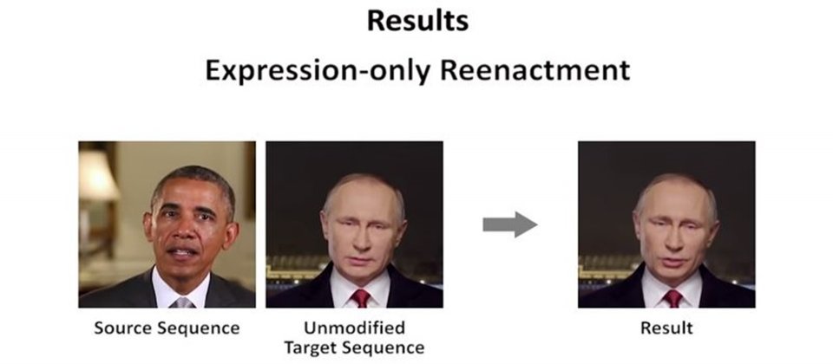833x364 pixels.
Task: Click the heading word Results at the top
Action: (417, 21)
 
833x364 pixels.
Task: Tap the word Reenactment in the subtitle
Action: (535, 70)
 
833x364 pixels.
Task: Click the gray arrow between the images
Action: (510, 224)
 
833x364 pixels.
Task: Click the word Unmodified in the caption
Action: (354, 328)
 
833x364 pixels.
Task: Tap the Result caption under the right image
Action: (666, 328)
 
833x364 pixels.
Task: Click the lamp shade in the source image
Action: (96, 176)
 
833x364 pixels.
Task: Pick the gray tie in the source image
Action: (182, 302)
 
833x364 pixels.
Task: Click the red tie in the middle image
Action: (361, 298)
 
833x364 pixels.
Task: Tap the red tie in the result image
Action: (672, 298)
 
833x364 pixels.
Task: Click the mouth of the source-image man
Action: (184, 252)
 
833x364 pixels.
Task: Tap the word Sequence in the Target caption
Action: (383, 348)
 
